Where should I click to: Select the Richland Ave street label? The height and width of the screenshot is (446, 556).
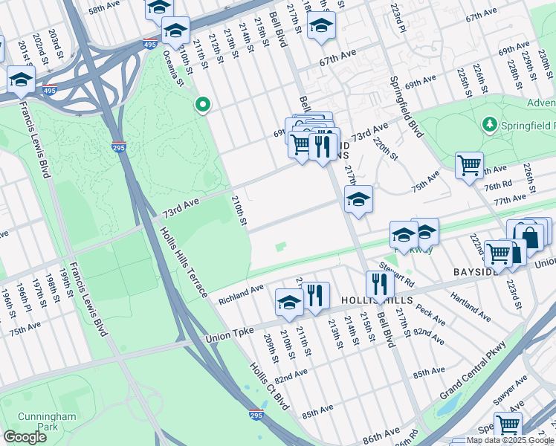tap(241, 295)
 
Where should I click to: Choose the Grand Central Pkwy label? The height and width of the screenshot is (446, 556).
tap(473, 369)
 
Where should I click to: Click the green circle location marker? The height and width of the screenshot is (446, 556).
tap(201, 105)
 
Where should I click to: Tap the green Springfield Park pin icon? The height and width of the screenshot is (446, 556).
tap(488, 123)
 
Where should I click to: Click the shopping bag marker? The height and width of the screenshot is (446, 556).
tap(530, 236)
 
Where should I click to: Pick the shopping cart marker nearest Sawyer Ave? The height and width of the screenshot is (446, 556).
tap(508, 424)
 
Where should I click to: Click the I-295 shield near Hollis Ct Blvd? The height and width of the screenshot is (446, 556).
tap(256, 414)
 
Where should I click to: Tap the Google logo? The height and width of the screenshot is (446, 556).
tap(25, 437)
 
